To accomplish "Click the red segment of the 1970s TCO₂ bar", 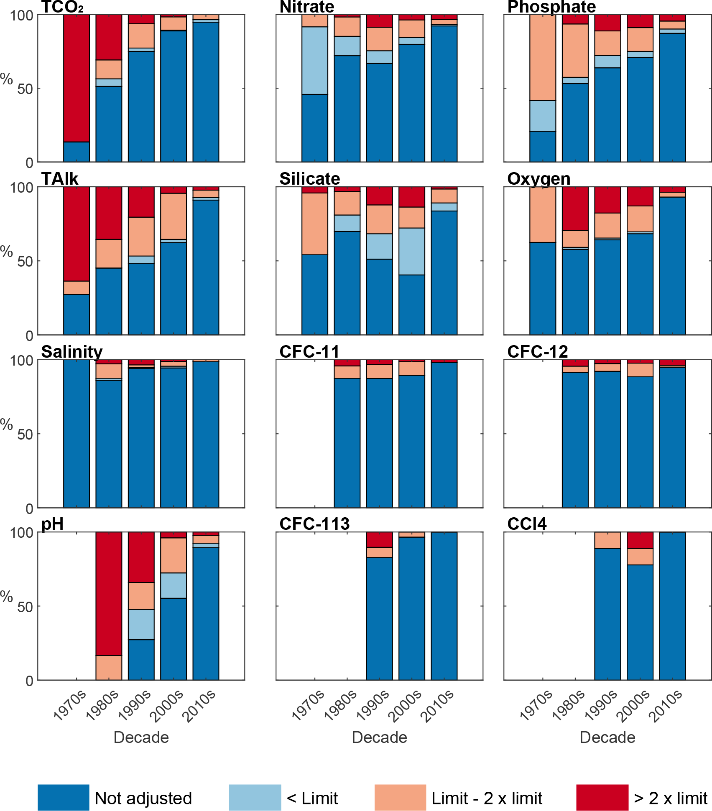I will pyautogui.click(x=77, y=78).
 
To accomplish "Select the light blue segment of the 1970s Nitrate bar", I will pyautogui.click(x=315, y=61).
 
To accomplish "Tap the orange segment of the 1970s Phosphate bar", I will pyautogui.click(x=543, y=58).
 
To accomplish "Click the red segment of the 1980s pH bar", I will pyautogui.click(x=109, y=593).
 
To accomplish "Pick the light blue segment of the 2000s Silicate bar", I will pyautogui.click(x=412, y=251).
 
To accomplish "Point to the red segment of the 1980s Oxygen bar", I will pyautogui.click(x=575, y=208).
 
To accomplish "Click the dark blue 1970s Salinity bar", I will pyautogui.click(x=77, y=433).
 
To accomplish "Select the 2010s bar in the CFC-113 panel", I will pyautogui.click(x=444, y=606).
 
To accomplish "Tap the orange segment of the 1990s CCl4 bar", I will pyautogui.click(x=607, y=540).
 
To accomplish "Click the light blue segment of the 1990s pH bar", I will pyautogui.click(x=141, y=624).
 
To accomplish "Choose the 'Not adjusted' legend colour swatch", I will pyautogui.click(x=63, y=797).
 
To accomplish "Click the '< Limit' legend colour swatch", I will pyautogui.click(x=255, y=797).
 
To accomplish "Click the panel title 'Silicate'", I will pyautogui.click(x=309, y=179).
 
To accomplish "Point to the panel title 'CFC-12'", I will pyautogui.click(x=537, y=351).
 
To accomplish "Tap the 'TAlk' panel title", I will pyautogui.click(x=59, y=179).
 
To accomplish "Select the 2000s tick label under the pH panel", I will pyautogui.click(x=166, y=707).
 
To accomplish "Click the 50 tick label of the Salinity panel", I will pyautogui.click(x=25, y=435).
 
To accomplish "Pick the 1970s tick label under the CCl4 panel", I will pyautogui.click(x=536, y=707).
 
